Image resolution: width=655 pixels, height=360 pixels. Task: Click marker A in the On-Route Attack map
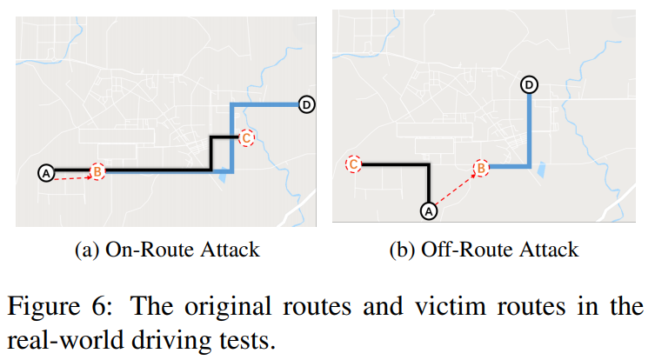47,173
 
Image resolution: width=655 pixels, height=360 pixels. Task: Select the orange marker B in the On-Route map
98,172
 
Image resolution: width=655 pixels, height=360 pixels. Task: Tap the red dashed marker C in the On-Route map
247,137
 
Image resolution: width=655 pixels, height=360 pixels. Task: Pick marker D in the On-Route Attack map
306,105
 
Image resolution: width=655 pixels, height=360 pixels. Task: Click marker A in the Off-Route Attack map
427,210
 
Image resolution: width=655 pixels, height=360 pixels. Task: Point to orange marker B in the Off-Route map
481,169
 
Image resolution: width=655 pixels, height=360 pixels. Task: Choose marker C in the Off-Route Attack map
353,163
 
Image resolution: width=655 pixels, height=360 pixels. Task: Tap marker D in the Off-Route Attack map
530,84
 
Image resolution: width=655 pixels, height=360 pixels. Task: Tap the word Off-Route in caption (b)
462,250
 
